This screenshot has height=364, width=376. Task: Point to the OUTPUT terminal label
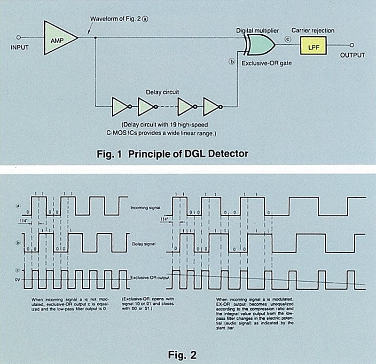coord(352,55)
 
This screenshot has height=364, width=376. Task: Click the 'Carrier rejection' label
coord(313,31)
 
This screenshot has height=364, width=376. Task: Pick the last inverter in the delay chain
coord(211,107)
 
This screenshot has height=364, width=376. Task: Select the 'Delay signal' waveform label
coord(143,244)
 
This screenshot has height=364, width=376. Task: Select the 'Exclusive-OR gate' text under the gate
coord(266,62)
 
